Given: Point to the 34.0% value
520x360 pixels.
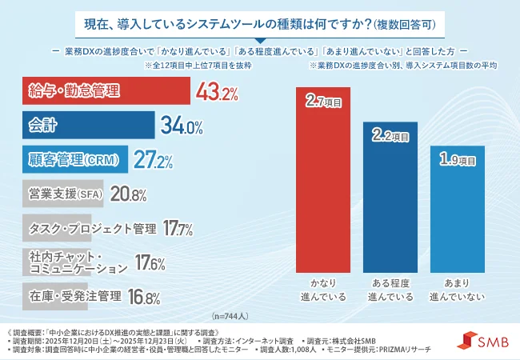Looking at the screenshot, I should coord(181,126).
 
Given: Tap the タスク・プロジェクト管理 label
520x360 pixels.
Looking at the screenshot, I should coord(91,229).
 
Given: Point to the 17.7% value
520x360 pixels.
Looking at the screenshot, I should coord(178,230).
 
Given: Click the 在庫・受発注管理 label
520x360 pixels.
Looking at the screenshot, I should coord(74,296).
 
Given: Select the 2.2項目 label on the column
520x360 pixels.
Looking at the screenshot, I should coord(390,136).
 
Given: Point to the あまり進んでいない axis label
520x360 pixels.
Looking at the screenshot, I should coord(457,290).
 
